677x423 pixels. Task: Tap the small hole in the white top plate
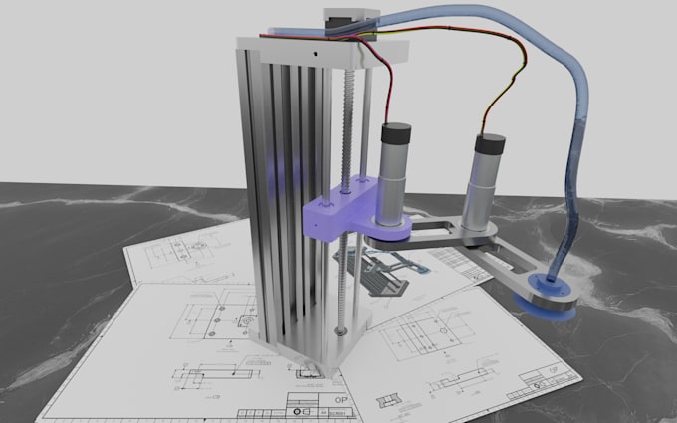pos(316,50)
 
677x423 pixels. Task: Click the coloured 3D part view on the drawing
pos(388,274)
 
